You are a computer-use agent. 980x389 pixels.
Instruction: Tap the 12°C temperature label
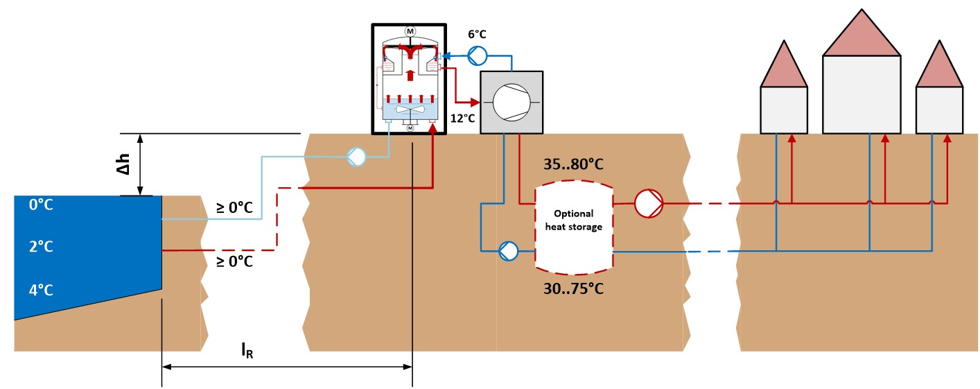(462, 118)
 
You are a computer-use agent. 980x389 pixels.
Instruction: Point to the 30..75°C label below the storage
(572, 288)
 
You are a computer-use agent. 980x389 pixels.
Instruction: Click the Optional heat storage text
(572, 220)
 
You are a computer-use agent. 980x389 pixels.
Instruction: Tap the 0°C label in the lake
(40, 205)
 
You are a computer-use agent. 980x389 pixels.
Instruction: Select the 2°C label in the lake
(40, 248)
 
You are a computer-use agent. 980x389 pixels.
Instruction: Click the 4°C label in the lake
(40, 290)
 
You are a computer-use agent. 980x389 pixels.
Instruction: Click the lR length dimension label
(247, 351)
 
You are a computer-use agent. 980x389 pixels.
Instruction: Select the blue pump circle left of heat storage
(509, 250)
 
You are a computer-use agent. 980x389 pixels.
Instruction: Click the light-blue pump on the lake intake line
(356, 157)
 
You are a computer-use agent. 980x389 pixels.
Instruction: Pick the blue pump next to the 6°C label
(477, 55)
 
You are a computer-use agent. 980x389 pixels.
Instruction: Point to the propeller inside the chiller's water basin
(409, 111)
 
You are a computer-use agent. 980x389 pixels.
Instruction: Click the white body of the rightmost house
(939, 110)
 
